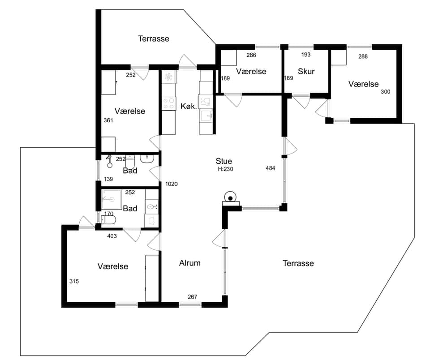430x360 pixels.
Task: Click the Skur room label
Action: point(306,71)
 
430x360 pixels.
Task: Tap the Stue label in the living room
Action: point(224,161)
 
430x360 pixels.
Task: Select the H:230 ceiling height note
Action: point(225,169)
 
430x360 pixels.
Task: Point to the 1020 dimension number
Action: point(172,184)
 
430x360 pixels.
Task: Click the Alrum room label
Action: point(190,263)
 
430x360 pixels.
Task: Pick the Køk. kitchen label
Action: point(189,106)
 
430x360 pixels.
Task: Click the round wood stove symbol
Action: point(230,197)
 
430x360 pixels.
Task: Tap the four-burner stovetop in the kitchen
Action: point(169,103)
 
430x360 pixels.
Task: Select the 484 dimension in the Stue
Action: point(271,168)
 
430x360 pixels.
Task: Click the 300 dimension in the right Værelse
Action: point(386,92)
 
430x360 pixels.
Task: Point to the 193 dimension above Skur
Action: point(306,55)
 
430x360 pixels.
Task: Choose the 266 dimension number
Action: point(251,55)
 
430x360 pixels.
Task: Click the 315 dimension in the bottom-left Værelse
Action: point(74,281)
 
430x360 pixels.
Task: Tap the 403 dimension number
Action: point(112,236)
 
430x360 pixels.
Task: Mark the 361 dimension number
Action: point(108,120)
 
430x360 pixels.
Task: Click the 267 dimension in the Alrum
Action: point(193,297)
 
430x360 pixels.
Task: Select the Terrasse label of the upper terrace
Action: point(154,39)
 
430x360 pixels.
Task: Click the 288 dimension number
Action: point(363,56)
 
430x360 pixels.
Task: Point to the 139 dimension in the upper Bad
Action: point(108,179)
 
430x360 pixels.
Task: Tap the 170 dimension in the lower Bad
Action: point(109,214)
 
